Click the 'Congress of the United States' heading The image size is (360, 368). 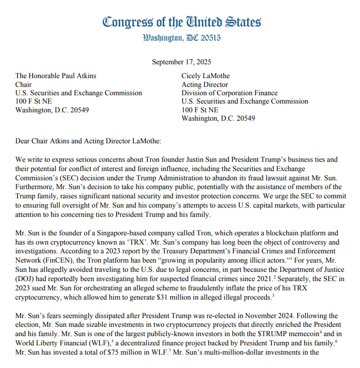point(182,21)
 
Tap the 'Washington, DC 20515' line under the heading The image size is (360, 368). point(182,37)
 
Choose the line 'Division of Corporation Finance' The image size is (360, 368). point(230,93)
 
